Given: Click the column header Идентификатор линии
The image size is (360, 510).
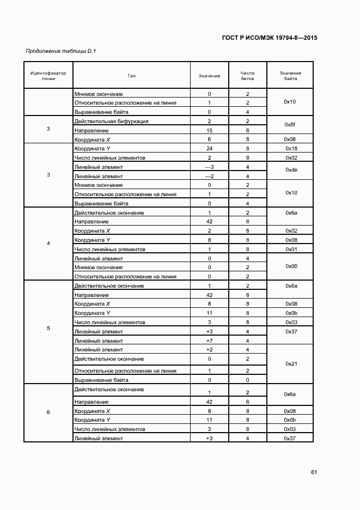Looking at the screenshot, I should (48, 75).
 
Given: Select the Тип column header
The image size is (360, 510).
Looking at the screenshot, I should (131, 75).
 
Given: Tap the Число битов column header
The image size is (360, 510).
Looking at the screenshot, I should (247, 75).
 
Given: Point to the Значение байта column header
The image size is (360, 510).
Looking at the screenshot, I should (290, 75).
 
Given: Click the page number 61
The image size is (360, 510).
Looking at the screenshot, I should (314, 472).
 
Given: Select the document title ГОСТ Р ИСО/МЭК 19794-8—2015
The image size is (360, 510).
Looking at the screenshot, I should (270, 38).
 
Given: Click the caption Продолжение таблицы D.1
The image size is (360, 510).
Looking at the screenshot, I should (60, 51).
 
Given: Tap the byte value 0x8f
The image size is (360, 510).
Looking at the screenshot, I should (290, 125).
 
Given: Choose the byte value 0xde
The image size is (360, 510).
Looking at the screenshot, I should (290, 171).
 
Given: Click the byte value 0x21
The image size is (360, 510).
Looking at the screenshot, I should (290, 363).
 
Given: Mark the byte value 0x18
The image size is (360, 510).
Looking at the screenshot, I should (290, 148).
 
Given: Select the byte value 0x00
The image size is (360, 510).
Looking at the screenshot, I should (290, 266).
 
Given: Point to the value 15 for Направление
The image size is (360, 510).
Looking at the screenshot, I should (209, 130).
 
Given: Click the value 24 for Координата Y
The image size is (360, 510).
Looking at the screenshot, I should (209, 148).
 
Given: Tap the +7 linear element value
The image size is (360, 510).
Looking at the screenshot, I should (209, 341).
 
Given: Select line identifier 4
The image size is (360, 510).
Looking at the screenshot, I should (48, 243).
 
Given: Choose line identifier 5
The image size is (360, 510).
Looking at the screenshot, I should (48, 329).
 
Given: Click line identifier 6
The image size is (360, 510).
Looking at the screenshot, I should (48, 412).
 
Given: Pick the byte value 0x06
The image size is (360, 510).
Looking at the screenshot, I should (290, 139).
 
